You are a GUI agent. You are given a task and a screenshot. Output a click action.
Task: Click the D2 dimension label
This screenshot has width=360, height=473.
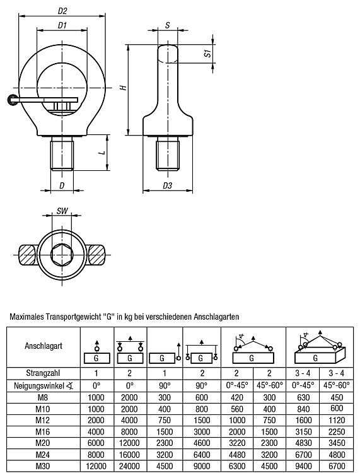[62, 11]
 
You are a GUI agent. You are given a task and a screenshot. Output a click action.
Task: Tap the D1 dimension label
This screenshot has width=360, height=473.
[62, 25]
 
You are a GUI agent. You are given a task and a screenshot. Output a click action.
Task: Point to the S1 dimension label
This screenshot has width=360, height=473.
[207, 54]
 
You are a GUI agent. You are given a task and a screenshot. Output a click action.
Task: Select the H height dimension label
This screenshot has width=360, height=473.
[123, 88]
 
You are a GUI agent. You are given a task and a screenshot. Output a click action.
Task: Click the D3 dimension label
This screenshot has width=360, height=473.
[167, 185]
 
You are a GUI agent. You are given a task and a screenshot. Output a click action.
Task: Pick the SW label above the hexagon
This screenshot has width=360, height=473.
[62, 211]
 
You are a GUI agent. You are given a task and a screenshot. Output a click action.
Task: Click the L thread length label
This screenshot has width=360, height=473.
[103, 153]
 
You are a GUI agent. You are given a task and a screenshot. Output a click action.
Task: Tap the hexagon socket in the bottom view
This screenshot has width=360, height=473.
[62, 255]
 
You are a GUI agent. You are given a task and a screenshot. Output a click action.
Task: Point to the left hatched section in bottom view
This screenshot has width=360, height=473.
[28, 255]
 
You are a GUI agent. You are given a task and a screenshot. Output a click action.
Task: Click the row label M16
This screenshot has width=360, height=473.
[43, 431]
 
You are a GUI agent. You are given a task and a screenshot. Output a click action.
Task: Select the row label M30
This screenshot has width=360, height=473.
[43, 466]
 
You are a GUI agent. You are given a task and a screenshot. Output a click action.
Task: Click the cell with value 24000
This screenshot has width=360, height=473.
[130, 466]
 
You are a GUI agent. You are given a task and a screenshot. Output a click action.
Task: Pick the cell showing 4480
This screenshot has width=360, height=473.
[237, 455]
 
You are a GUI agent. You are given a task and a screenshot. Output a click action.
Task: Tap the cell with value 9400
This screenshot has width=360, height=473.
[303, 466]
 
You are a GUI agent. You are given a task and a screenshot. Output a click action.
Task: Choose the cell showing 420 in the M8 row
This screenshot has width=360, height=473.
[237, 397]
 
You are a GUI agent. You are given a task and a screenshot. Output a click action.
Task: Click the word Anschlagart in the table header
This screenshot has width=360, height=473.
[44, 346]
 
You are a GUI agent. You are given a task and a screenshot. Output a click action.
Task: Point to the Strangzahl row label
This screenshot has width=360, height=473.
[43, 373]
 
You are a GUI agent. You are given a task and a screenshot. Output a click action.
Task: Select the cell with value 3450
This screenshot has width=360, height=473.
[336, 443]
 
